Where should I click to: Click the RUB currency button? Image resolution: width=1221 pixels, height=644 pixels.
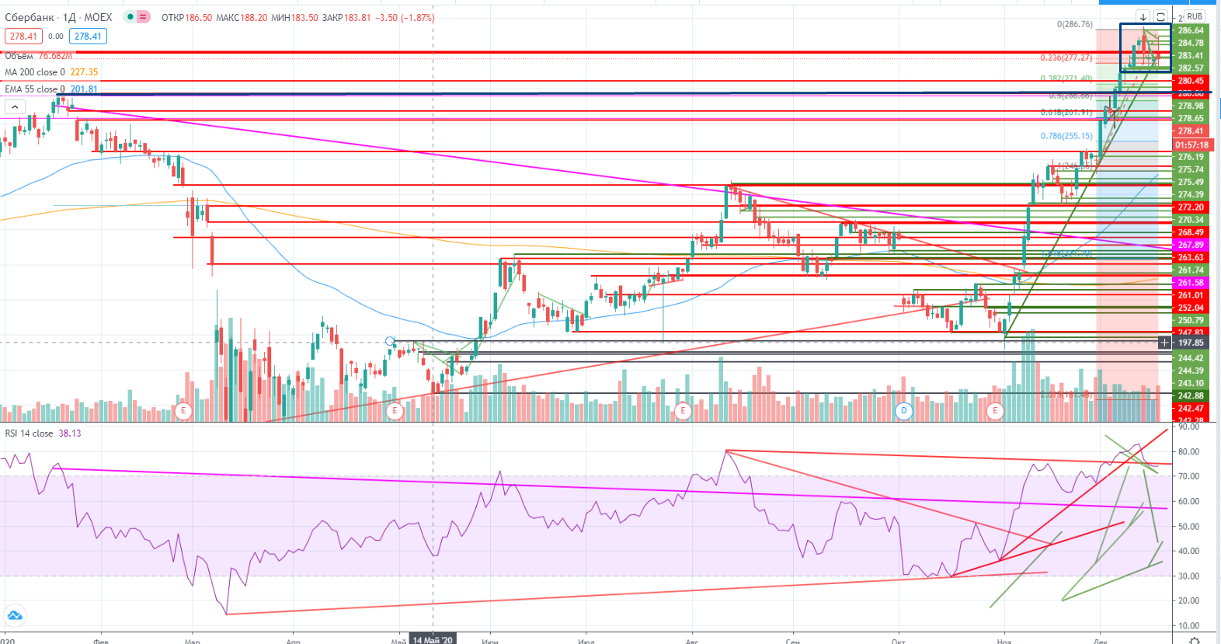1195,16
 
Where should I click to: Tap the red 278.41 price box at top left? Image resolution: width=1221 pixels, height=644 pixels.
23,37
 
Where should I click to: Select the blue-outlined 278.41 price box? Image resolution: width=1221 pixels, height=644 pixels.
88,37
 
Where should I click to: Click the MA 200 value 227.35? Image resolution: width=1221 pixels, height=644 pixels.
84,72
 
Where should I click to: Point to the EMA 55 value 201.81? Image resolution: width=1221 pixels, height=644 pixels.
84,89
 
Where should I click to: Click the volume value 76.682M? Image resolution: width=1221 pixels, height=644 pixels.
55,56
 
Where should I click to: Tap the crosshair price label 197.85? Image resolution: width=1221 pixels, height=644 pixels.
1191,343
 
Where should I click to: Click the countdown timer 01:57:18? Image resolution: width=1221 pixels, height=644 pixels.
1191,144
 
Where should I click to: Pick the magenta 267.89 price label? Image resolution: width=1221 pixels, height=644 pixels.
1191,245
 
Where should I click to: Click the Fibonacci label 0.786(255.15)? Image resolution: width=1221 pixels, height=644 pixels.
1066,136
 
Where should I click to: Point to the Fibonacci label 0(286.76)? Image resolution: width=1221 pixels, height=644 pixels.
1074,25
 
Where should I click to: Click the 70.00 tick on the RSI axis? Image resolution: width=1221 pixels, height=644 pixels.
1188,476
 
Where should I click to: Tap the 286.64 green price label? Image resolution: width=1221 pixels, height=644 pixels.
1191,31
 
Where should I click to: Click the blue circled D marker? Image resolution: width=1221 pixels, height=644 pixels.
903,410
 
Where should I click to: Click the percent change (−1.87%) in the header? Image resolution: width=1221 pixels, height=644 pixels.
418,18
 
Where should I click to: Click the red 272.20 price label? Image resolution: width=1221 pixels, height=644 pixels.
1191,207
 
